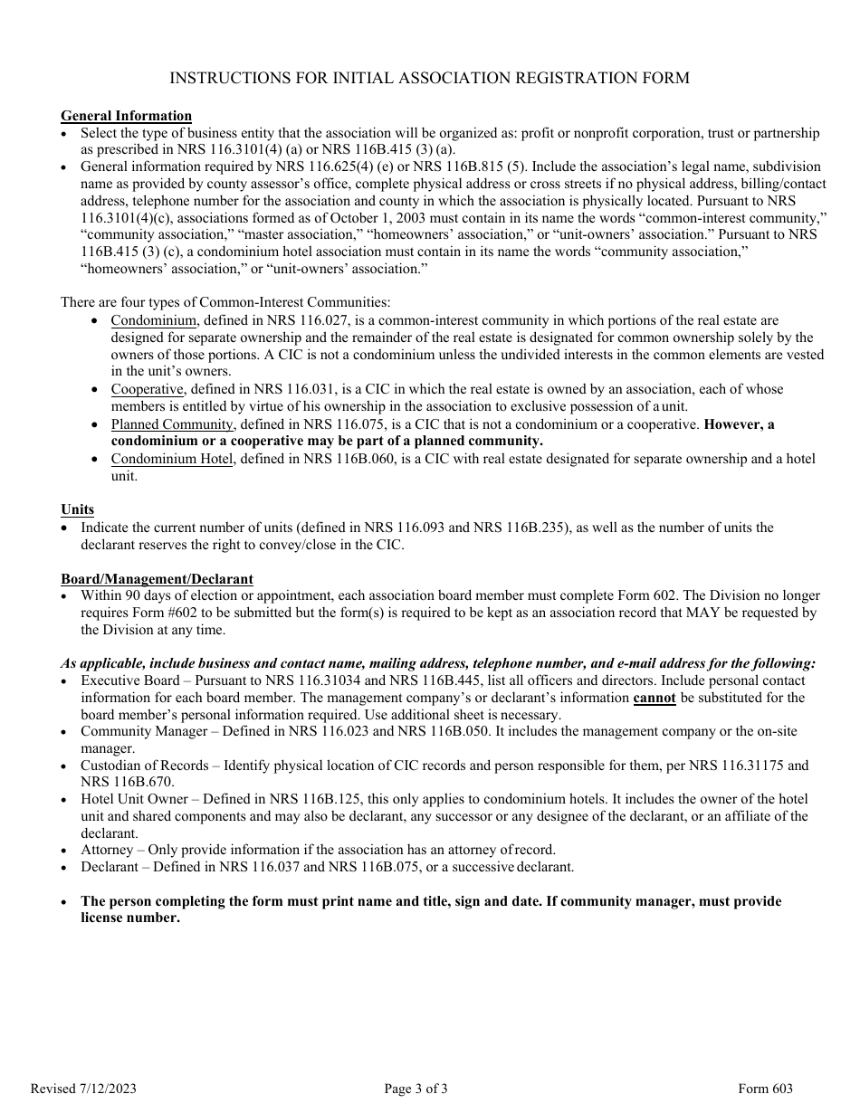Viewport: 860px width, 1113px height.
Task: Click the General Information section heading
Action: tap(126, 116)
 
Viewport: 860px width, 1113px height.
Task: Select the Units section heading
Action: tap(77, 509)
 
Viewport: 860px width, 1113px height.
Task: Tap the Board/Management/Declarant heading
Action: tap(157, 578)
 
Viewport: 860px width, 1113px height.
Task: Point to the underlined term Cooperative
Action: tap(148, 389)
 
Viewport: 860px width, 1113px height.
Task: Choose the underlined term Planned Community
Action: tap(173, 424)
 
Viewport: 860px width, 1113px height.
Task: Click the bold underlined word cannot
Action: tap(654, 698)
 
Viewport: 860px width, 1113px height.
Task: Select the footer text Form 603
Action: tap(765, 1089)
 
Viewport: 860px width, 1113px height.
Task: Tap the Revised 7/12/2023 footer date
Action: tap(83, 1089)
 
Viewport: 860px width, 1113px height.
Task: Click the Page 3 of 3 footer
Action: tap(416, 1089)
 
